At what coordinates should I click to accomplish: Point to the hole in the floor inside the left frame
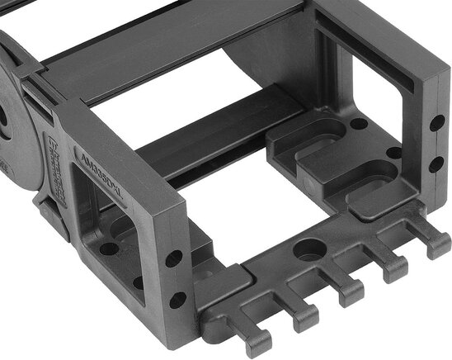tap(110, 247)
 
